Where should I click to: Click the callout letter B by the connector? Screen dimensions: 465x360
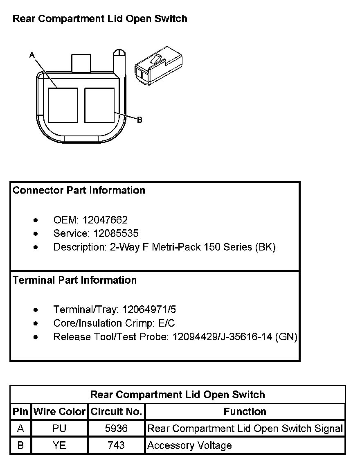139,120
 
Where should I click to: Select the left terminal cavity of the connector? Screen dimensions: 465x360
63,105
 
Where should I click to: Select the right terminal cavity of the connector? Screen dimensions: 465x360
99,105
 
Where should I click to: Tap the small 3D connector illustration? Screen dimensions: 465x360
157,68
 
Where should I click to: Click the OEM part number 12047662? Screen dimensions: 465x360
105,220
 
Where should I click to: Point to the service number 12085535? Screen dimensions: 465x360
116,234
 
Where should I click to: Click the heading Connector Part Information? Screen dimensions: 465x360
79,190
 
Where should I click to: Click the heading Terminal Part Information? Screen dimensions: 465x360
75,280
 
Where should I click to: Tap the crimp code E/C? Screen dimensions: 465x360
166,323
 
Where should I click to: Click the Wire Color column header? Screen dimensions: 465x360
59,412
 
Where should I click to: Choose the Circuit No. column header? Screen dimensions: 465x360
116,412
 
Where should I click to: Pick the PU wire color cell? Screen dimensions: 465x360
59,429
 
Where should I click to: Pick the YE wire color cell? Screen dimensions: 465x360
59,445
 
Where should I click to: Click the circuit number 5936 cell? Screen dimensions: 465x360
116,429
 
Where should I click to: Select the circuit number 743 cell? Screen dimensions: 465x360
116,445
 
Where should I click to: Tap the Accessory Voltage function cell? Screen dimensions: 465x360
189,445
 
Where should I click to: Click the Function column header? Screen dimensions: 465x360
245,412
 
